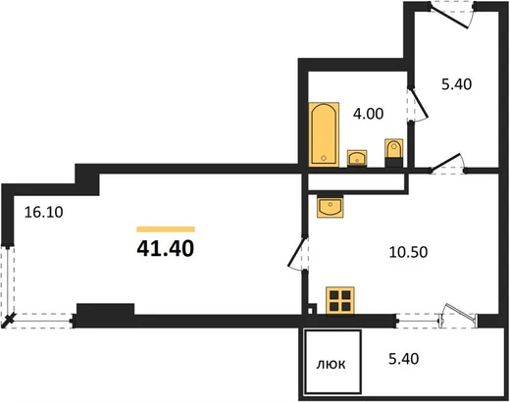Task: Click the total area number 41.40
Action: pyautogui.click(x=166, y=248)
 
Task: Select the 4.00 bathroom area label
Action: pyautogui.click(x=368, y=114)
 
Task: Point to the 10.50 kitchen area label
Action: pyautogui.click(x=408, y=252)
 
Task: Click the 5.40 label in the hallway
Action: pyautogui.click(x=457, y=84)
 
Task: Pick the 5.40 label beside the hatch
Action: pyautogui.click(x=404, y=359)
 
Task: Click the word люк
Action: pyautogui.click(x=331, y=364)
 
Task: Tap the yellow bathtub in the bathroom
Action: pyautogui.click(x=324, y=134)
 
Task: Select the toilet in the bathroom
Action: pyautogui.click(x=394, y=153)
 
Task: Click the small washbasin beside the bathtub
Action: pyautogui.click(x=357, y=158)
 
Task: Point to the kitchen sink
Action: pyautogui.click(x=331, y=207)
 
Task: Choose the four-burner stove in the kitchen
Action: pyautogui.click(x=340, y=301)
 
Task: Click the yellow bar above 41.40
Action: pyautogui.click(x=166, y=229)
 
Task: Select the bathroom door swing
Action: pyautogui.click(x=418, y=105)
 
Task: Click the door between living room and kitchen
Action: pyautogui.click(x=297, y=253)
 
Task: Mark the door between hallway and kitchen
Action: pyautogui.click(x=447, y=164)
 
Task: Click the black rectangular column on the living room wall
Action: pyautogui.click(x=105, y=309)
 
